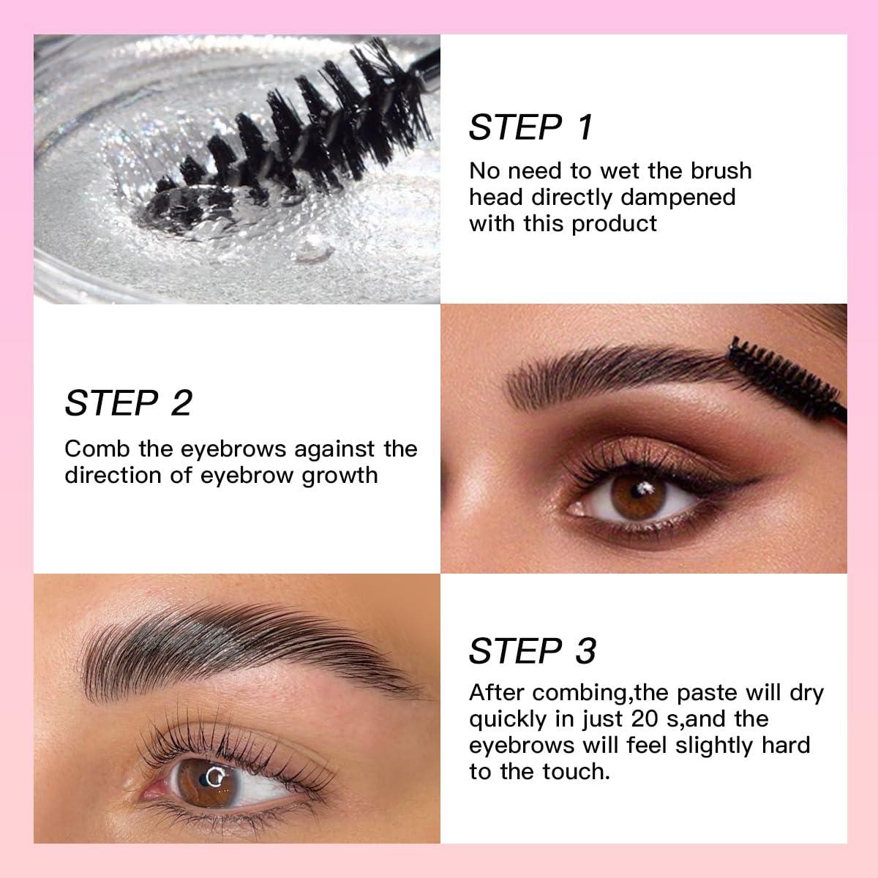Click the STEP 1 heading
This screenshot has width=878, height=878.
(530, 127)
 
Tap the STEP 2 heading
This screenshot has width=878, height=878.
(129, 403)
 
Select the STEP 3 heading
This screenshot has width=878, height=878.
(533, 650)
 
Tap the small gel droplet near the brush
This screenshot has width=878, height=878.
(307, 252)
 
